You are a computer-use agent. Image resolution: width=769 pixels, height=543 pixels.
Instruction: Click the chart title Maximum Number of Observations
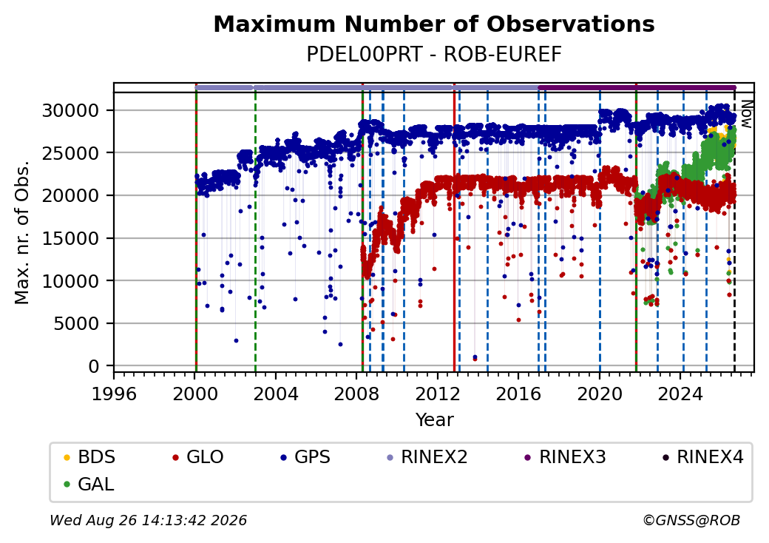434,24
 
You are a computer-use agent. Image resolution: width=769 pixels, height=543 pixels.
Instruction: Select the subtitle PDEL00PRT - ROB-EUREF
434,55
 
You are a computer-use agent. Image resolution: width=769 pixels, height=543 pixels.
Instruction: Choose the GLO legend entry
198,457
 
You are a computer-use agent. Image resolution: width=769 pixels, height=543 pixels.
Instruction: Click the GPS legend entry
305,457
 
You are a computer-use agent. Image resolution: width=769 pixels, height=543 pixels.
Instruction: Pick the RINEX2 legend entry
427,457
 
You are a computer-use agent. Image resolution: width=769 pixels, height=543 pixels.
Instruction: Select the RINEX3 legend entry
566,457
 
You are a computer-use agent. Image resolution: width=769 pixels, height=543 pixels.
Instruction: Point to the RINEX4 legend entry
702,457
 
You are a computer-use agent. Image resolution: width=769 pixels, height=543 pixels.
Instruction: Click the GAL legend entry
89,484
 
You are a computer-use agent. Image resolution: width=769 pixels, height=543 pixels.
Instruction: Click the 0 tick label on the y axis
94,366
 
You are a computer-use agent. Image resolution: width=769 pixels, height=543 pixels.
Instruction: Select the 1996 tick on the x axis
115,394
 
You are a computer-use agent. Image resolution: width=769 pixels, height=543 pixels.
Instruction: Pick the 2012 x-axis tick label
438,394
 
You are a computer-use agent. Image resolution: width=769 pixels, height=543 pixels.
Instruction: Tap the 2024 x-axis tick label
680,394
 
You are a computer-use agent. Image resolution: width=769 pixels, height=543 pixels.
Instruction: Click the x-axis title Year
435,420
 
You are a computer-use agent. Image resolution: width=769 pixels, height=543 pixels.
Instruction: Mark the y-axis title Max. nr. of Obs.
22,232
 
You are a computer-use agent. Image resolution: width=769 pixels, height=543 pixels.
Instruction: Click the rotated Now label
746,114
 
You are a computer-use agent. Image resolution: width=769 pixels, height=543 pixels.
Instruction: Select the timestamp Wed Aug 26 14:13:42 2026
149,520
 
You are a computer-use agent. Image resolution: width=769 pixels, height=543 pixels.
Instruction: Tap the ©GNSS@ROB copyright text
691,520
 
